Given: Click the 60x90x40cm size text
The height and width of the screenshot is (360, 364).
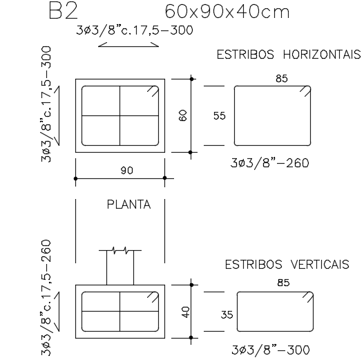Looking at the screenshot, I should (x=227, y=12).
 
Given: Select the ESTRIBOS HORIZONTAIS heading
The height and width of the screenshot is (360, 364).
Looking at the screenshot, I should (x=288, y=55).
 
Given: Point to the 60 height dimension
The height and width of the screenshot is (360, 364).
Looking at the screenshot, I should (x=182, y=115).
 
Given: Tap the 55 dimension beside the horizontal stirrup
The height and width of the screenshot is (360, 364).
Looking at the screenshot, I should (x=220, y=116).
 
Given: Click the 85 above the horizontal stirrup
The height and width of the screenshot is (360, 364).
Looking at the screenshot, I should (x=281, y=79).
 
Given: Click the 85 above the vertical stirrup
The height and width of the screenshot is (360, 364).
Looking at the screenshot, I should (x=282, y=282).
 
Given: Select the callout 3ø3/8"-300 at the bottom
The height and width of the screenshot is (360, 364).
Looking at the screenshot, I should (x=270, y=350).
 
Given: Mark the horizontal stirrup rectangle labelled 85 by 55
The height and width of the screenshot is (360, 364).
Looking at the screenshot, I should (x=271, y=115).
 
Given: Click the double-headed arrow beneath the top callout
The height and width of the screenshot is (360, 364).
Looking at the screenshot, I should (x=122, y=45).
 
